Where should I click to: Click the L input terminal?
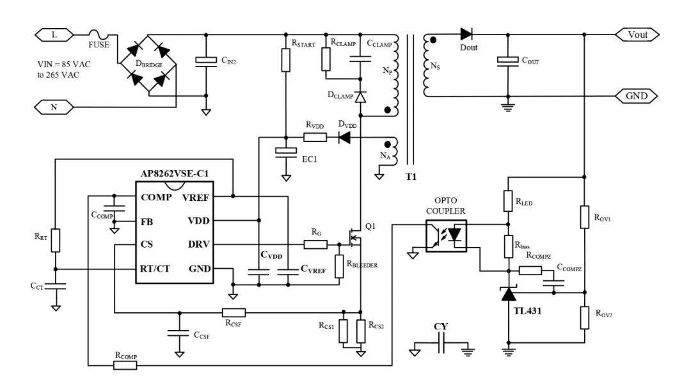pos(54,35)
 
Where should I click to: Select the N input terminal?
pos(54,107)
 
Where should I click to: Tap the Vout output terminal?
pos(637,35)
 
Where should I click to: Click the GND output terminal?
pos(637,96)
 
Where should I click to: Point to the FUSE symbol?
pos(99,34)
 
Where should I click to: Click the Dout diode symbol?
pos(466,34)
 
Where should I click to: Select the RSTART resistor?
pos(285,60)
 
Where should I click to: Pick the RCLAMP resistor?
pos(326,59)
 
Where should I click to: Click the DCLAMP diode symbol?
pos(360,97)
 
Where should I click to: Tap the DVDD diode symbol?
pos(344,138)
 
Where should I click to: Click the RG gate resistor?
pos(315,244)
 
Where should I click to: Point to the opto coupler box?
pos(446,236)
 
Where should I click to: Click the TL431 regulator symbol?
pos(509,294)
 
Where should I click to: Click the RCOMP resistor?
pos(125,365)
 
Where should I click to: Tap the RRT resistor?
pos(55,241)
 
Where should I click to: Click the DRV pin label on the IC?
pos(199,244)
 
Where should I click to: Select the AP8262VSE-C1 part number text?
pos(175,173)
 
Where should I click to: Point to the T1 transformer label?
pos(411,177)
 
